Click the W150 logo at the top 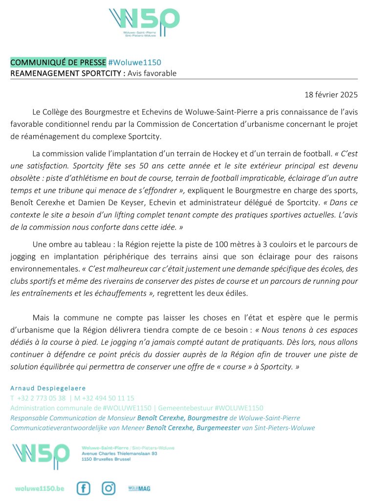144,23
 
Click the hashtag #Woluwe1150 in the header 134,63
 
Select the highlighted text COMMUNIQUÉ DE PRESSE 58,63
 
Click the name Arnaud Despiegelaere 48,388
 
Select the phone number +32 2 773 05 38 41,398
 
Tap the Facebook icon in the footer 84,488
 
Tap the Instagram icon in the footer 109,488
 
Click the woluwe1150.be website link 40,488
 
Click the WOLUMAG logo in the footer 139,488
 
